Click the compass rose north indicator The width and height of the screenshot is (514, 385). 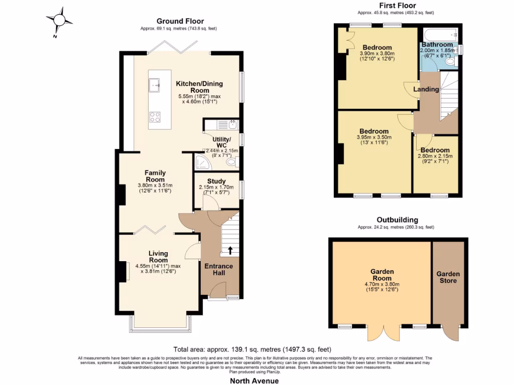tap(60, 21)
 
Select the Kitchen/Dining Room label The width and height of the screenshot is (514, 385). tap(199, 87)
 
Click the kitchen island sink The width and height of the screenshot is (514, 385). tap(155, 86)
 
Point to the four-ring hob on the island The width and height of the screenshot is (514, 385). tap(155, 117)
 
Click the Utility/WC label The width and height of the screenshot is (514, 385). tap(222, 142)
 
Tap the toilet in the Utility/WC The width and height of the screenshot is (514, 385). tap(231, 162)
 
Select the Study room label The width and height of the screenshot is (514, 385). tap(216, 181)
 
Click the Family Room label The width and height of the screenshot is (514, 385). tap(155, 176)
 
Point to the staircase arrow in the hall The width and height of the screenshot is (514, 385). tap(230, 250)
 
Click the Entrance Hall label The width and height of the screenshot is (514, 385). tap(218, 269)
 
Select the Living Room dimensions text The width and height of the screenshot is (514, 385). tap(158, 269)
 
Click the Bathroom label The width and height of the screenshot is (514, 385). tap(437, 45)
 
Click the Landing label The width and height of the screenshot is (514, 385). tap(426, 89)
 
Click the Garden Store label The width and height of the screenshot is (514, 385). tap(448, 277)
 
